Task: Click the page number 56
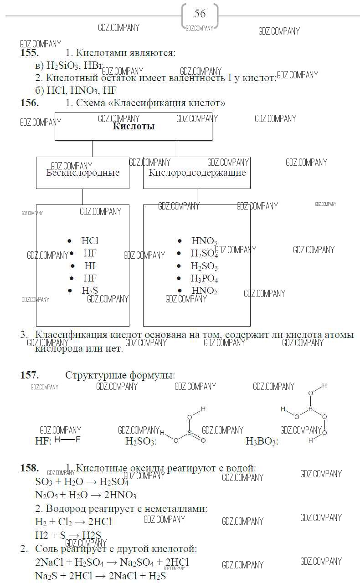(200, 14)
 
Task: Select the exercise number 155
(29, 53)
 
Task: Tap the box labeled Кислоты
(133, 126)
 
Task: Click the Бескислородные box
(82, 173)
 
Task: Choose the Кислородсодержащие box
(196, 173)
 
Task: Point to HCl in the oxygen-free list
(90, 241)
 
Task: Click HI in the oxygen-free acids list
(90, 266)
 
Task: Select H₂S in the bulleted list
(90, 291)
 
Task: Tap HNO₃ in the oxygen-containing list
(204, 241)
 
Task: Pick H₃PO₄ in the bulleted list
(204, 279)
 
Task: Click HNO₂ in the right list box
(204, 291)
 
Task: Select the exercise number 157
(29, 375)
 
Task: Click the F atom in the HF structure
(77, 440)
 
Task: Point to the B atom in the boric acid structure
(310, 409)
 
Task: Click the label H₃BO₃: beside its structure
(262, 441)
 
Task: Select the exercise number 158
(29, 468)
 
